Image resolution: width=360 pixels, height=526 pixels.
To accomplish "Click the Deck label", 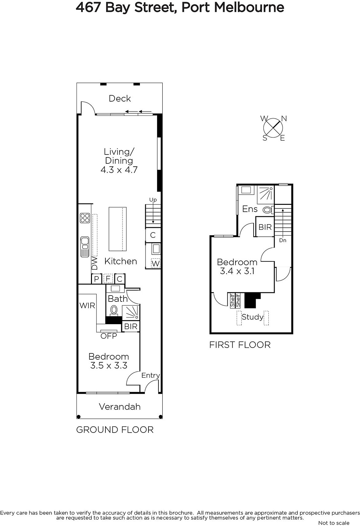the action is pos(120,98).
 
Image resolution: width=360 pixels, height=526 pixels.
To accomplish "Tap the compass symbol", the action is pos(273,128).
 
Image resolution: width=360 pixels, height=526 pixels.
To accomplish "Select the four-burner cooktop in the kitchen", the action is pos(85,218).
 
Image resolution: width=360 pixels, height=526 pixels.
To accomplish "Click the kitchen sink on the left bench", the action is pos(85,247).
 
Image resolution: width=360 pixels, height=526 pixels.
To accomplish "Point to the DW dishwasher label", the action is pos(94,263).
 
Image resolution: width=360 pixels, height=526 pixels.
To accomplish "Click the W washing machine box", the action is pos(156,263).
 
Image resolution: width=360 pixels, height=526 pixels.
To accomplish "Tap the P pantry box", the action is pos(96,279).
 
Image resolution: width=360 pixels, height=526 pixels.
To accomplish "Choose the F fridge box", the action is pos(108,279).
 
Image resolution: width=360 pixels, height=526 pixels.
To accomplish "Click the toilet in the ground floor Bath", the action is pos(114,310).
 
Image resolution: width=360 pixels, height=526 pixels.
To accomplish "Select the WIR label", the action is pos(87,305).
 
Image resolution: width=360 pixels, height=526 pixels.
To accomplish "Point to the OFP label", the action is pos(109,336).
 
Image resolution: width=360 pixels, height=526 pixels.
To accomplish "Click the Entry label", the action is pos(151,375).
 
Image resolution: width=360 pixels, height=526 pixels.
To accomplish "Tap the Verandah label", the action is pos(120,406).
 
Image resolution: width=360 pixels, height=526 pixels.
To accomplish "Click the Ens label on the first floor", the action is pos(250,209).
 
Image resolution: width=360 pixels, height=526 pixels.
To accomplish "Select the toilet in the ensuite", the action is pos(268,210).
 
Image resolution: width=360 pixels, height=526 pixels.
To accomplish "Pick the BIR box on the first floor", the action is pos(265,227).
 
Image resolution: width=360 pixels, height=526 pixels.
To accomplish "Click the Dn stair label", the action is pos(283,240).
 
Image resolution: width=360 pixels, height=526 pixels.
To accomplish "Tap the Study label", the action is pos(253,317).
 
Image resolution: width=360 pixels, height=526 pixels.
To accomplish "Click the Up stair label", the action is pos(153,200).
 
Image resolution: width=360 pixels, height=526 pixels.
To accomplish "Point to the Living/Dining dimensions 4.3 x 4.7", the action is pos(119,170).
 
